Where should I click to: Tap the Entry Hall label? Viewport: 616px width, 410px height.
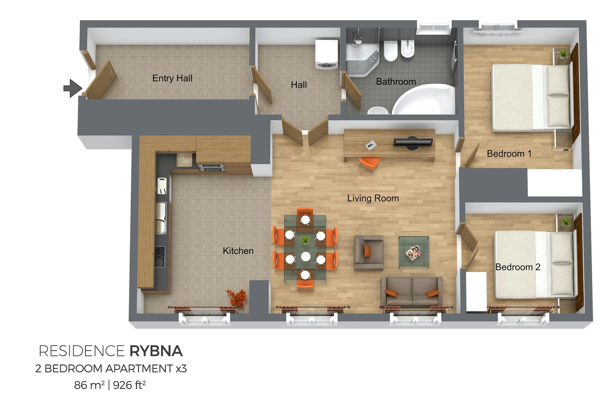tap(172, 78)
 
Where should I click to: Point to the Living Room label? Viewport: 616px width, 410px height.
tap(373, 198)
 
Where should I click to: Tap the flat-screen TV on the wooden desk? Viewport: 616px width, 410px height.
tap(413, 142)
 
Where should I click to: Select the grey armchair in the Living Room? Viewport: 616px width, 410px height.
tap(369, 253)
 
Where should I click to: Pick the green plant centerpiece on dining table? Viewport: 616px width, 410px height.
tap(305, 240)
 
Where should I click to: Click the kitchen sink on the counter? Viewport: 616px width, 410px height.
tap(161, 218)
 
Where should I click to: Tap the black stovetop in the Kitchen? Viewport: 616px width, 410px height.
tap(160, 257)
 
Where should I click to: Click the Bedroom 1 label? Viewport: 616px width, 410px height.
tap(509, 154)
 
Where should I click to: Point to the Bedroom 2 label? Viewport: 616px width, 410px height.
tap(518, 267)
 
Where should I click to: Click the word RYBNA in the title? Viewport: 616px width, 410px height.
tap(156, 351)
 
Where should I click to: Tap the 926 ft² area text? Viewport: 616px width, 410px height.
tap(130, 385)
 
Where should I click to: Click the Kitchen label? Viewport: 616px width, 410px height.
tap(238, 251)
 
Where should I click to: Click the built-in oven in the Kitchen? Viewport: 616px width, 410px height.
tap(212, 168)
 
